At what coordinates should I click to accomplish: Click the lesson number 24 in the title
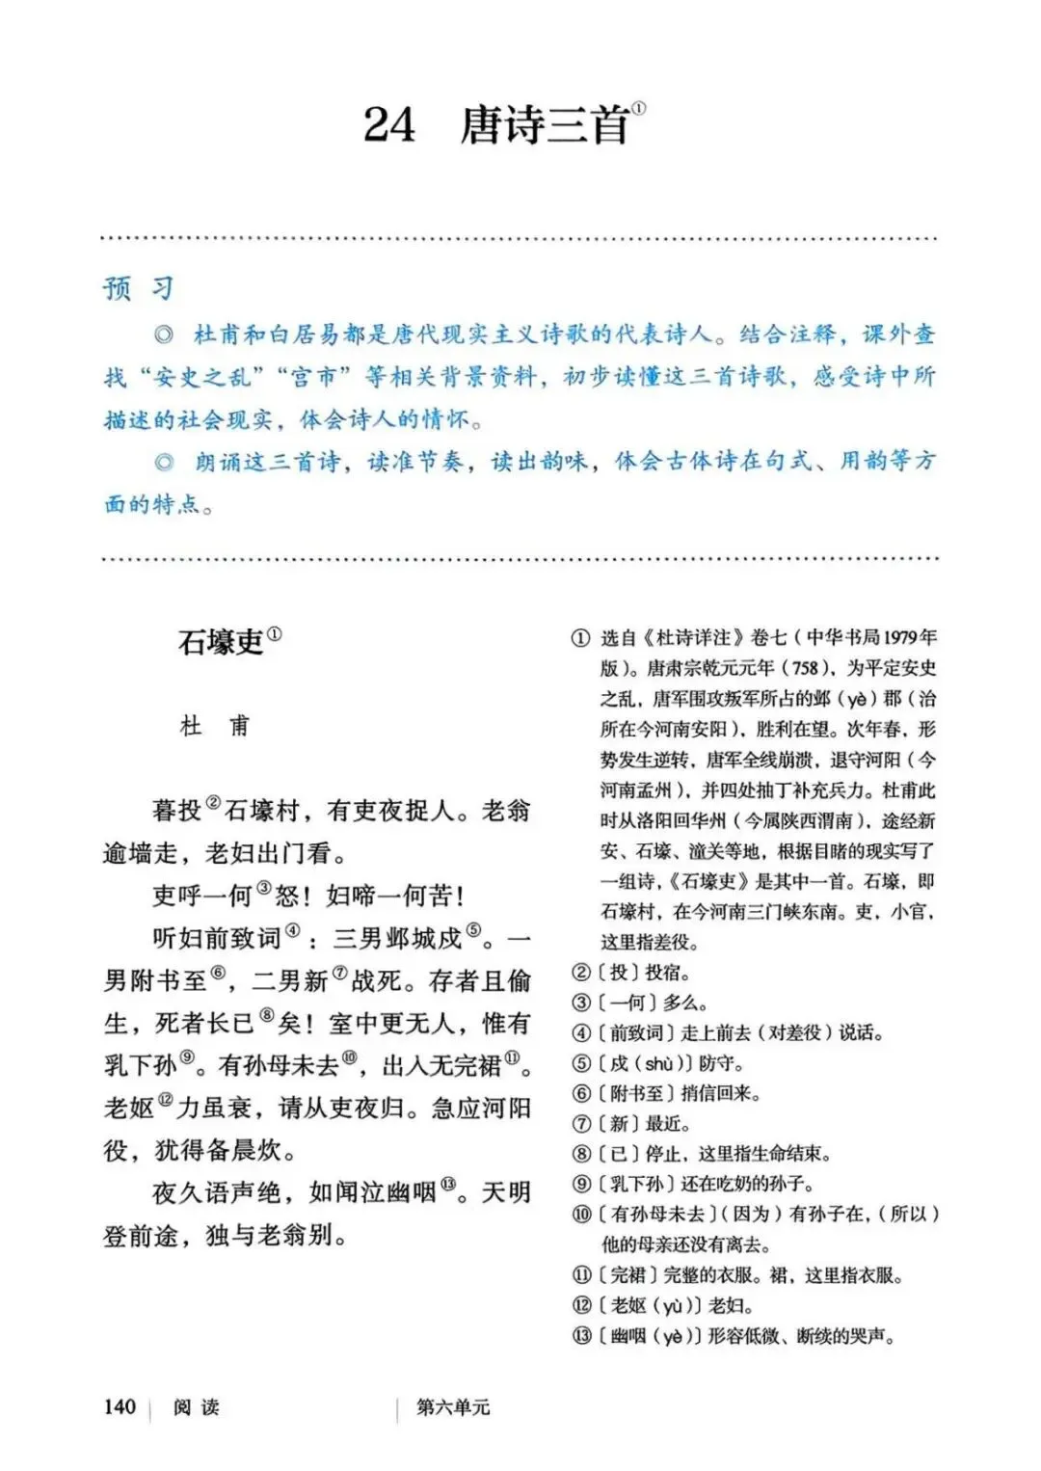point(389,125)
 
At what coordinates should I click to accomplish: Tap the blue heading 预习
point(139,288)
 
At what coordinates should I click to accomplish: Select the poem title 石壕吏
point(221,642)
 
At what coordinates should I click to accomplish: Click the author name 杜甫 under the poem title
point(214,726)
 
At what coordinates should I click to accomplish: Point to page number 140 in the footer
point(120,1406)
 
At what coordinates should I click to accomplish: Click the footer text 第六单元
point(453,1407)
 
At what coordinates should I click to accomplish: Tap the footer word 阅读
point(197,1407)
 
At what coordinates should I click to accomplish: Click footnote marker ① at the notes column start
point(580,638)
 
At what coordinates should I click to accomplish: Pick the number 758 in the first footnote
point(804,668)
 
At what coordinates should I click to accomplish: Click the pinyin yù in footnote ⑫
point(672,1306)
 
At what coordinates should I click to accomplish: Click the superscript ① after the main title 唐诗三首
point(639,109)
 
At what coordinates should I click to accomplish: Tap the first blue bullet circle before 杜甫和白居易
point(164,334)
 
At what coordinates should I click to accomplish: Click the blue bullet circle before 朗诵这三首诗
point(164,462)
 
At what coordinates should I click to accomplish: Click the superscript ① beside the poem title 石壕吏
point(275,634)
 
